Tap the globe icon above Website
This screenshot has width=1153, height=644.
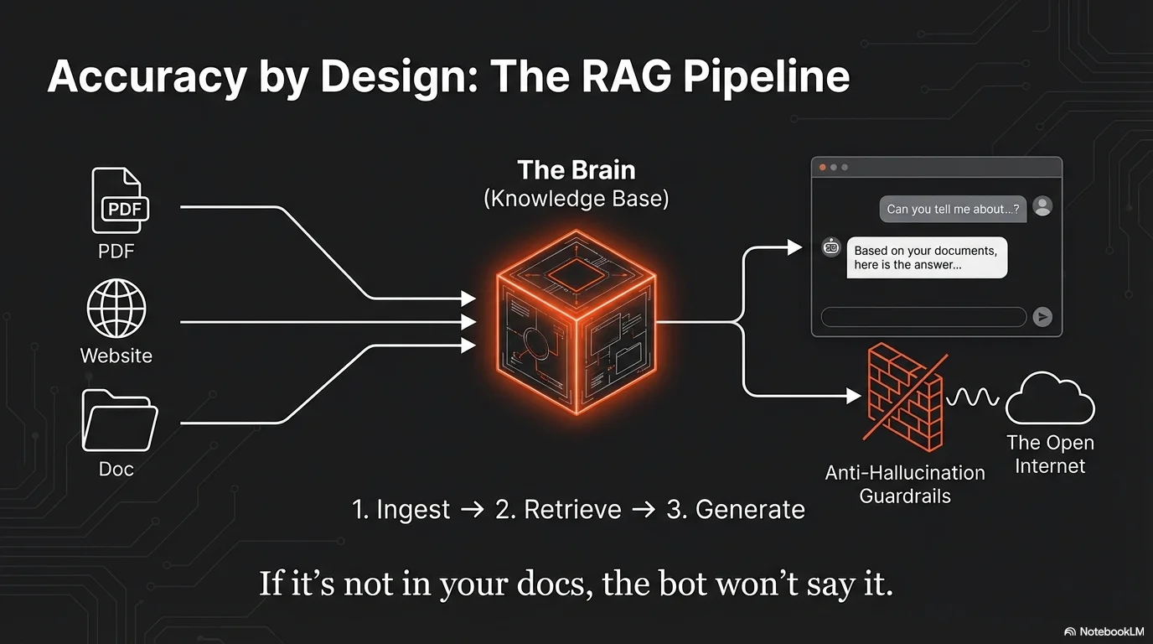click(116, 309)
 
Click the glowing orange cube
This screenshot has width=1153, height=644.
click(576, 322)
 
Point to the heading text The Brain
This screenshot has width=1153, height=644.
click(576, 170)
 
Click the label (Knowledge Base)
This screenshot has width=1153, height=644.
click(576, 200)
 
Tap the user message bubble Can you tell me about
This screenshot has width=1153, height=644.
click(953, 209)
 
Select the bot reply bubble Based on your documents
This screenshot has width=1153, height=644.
click(926, 257)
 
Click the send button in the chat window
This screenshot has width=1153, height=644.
click(1042, 316)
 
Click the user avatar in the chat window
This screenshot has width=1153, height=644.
click(1042, 206)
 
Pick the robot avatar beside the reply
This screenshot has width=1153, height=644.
click(831, 247)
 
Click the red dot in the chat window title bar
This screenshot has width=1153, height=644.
click(822, 168)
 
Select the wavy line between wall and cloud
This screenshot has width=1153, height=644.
click(973, 396)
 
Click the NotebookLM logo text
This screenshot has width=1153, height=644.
click(1104, 631)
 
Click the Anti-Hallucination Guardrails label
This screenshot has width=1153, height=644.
click(905, 484)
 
